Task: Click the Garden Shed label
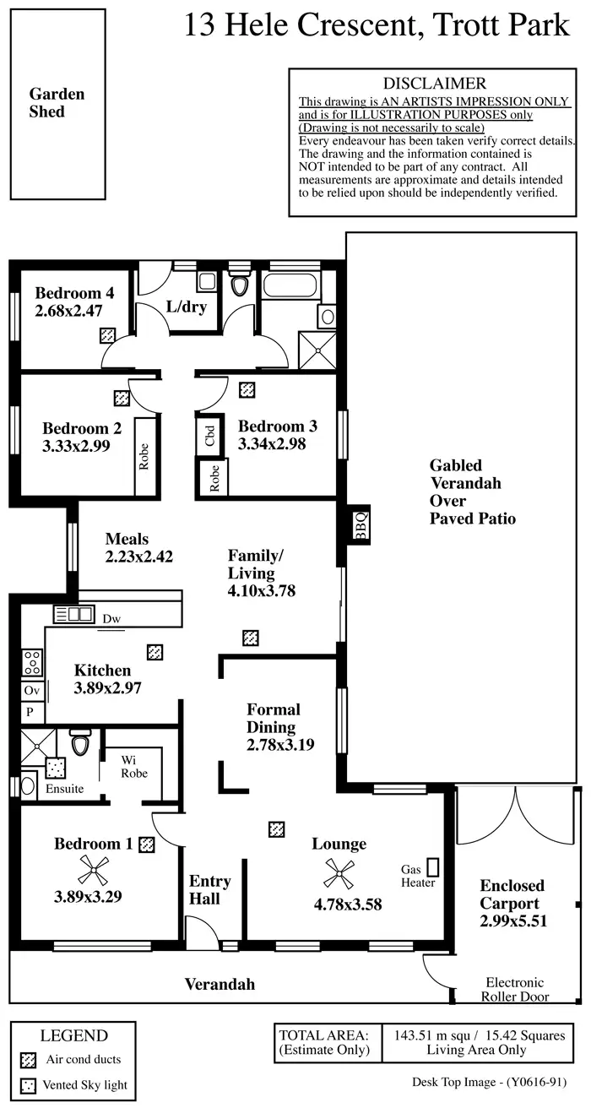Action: [x=57, y=103]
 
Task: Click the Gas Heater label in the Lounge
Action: [x=419, y=877]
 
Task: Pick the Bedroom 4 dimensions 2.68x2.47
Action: [x=68, y=311]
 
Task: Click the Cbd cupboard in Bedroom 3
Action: [x=209, y=436]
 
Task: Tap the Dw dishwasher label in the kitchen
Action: [x=111, y=619]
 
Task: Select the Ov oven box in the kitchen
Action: [x=31, y=691]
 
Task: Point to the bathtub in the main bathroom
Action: [x=291, y=285]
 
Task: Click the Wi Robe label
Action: [x=133, y=766]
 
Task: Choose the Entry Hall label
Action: [x=209, y=890]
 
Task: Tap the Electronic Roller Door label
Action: [x=514, y=989]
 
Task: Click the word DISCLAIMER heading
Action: [x=435, y=84]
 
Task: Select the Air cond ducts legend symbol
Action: [x=30, y=1059]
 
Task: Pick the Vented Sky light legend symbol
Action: [x=30, y=1086]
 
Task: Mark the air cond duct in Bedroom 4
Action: [x=107, y=334]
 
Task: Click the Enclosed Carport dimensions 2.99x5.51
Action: [x=512, y=921]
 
